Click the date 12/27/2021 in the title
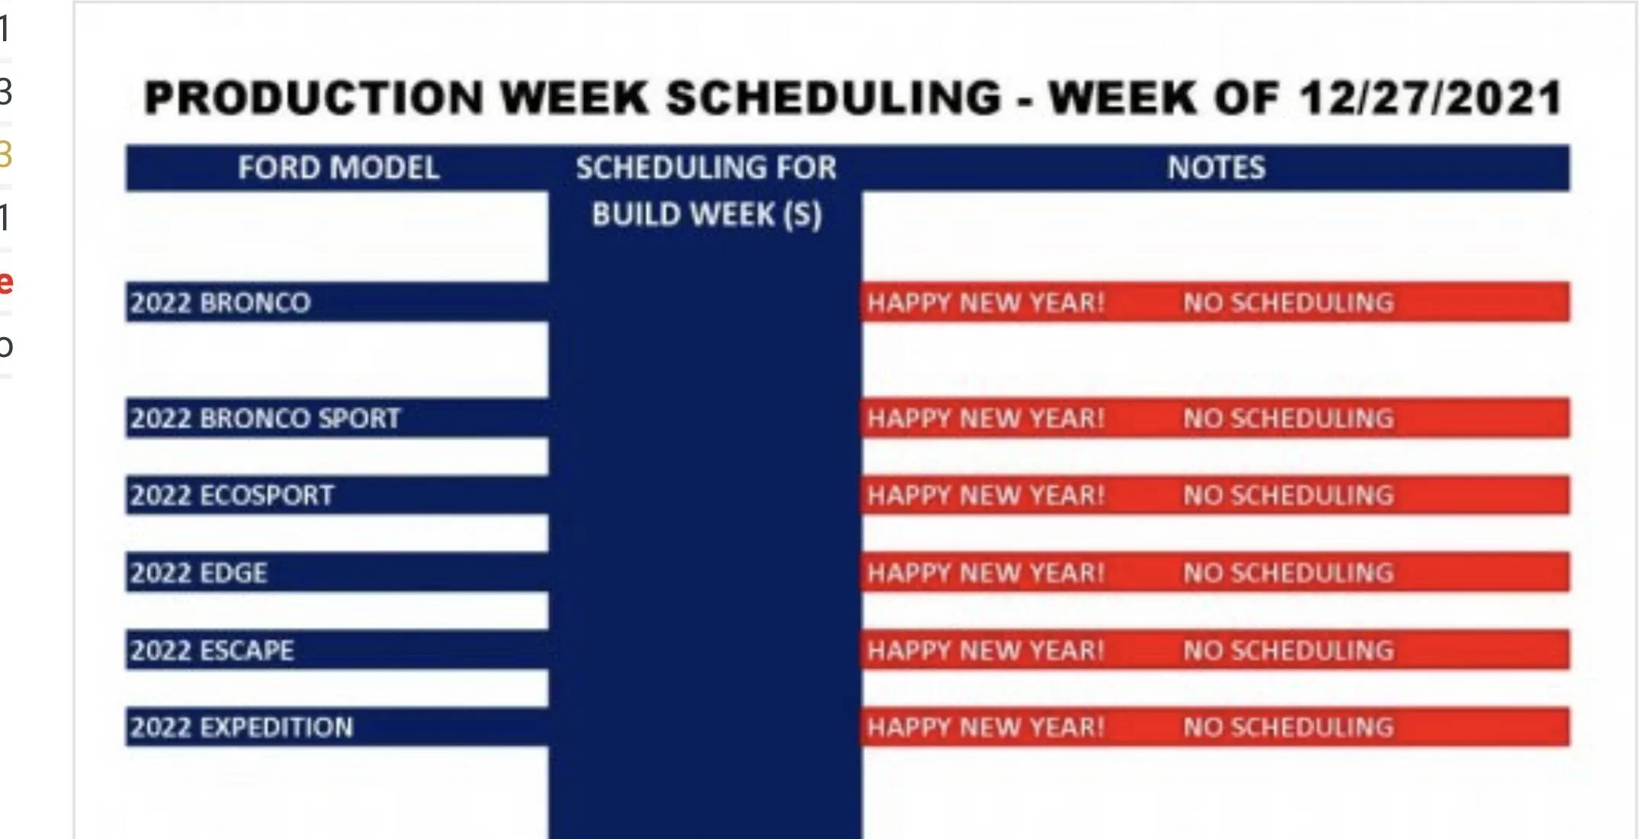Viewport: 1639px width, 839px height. tap(1431, 98)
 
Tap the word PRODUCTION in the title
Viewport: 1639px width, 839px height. tap(314, 98)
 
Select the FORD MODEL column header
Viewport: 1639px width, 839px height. tap(338, 168)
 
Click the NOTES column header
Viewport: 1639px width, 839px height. tap(1216, 168)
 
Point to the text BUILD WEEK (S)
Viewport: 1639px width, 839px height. tap(707, 215)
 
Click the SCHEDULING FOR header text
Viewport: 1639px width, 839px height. tap(706, 168)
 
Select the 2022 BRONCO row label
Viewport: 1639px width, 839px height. tap(220, 303)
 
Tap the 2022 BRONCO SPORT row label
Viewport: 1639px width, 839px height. tap(265, 418)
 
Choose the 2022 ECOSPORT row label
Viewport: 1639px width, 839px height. tap(232, 496)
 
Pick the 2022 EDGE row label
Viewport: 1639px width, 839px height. tap(198, 573)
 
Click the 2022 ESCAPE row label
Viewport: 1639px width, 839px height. tap(212, 651)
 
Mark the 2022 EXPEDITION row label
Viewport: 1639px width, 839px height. tap(242, 728)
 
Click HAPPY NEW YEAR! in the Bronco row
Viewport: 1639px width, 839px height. tap(986, 303)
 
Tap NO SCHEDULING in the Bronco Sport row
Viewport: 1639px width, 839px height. tap(1288, 418)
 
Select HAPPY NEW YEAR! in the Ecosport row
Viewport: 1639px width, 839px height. tap(986, 496)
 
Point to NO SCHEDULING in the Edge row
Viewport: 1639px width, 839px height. tap(1288, 573)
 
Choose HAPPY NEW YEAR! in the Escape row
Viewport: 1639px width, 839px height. tap(986, 651)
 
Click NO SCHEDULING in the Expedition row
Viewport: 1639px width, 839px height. tap(1288, 728)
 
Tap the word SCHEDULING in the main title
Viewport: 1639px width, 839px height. tap(832, 98)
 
